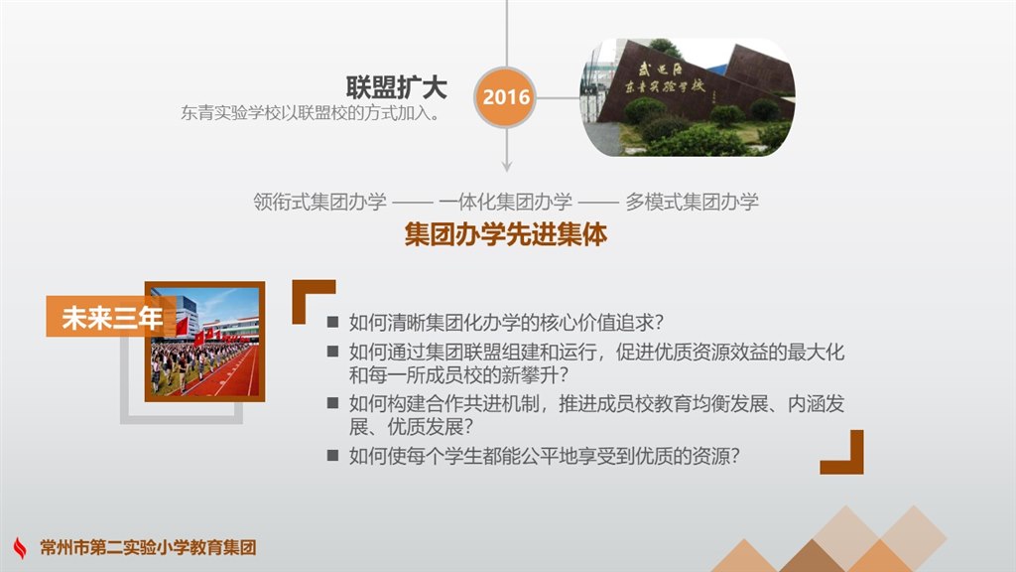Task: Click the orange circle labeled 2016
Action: (505, 97)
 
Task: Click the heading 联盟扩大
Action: (396, 87)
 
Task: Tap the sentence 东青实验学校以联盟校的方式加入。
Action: (311, 113)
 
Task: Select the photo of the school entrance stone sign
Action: (688, 97)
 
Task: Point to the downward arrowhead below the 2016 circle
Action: (507, 167)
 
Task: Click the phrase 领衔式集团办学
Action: (319, 202)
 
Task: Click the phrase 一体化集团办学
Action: (505, 202)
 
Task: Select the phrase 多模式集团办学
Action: (692, 202)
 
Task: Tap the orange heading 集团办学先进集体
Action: (505, 234)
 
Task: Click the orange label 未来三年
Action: (111, 317)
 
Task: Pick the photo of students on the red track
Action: (204, 342)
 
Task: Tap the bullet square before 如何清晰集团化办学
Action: (333, 322)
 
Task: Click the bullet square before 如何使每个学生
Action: (333, 455)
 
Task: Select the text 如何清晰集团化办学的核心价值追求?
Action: (506, 323)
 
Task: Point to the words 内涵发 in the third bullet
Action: (816, 404)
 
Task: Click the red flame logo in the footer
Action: (20, 547)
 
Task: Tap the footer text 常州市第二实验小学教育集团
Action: (148, 547)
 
